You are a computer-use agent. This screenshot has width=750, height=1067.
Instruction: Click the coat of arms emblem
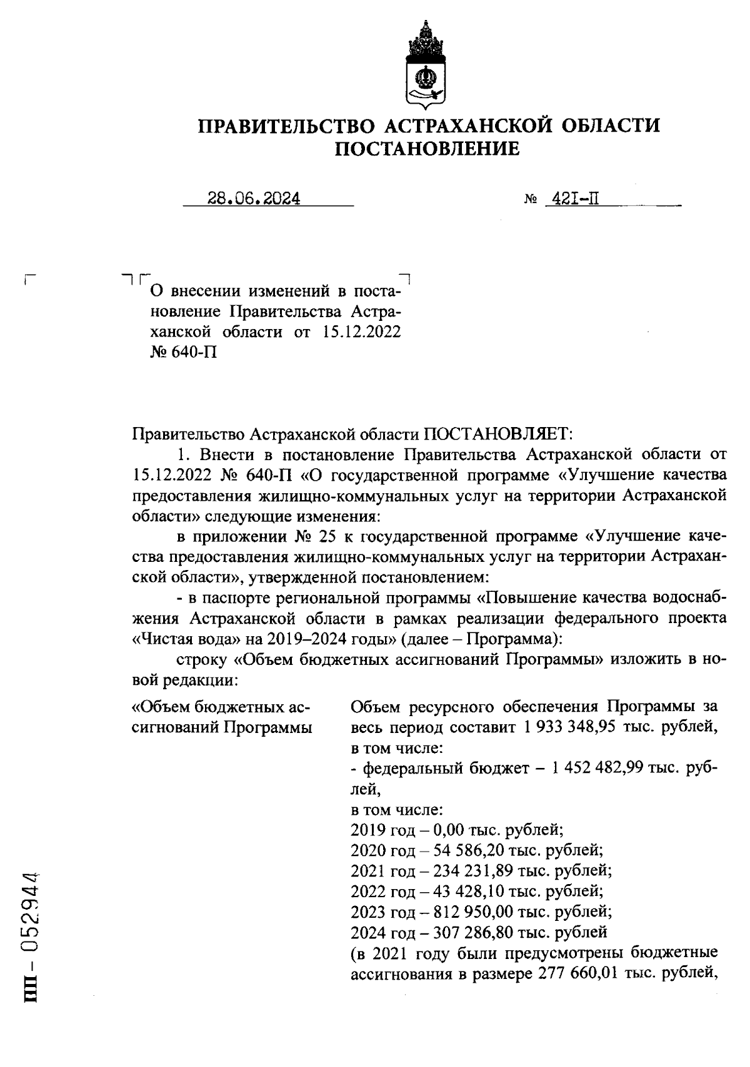click(426, 64)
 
